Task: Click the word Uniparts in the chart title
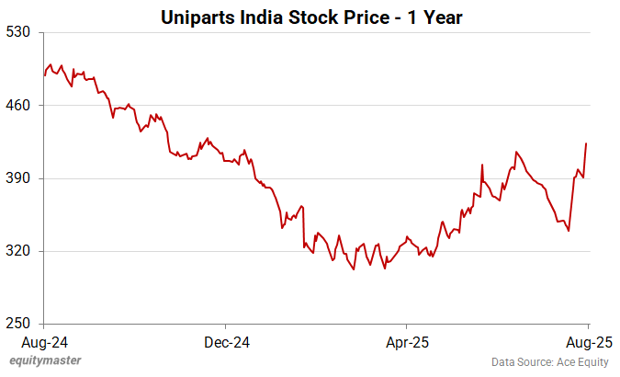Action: [195, 17]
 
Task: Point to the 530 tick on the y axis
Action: [20, 33]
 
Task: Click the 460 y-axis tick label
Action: [20, 106]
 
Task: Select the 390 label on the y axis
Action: [20, 178]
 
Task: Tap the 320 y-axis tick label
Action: [20, 251]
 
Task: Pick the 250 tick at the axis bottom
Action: [20, 324]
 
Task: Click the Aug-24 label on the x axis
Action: [44, 342]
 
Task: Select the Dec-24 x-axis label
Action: [226, 342]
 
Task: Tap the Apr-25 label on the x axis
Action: [407, 342]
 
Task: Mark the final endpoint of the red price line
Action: [586, 143]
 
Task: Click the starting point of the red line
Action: [44, 75]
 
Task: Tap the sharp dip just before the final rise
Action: [569, 230]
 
